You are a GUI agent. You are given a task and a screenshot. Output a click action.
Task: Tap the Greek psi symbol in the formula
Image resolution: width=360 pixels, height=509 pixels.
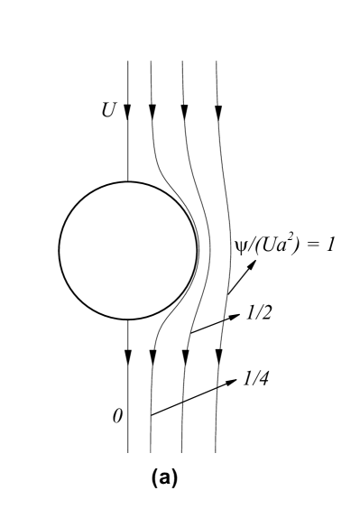coord(240,245)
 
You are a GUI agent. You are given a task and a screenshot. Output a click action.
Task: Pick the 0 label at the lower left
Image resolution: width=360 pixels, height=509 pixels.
coord(115,417)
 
